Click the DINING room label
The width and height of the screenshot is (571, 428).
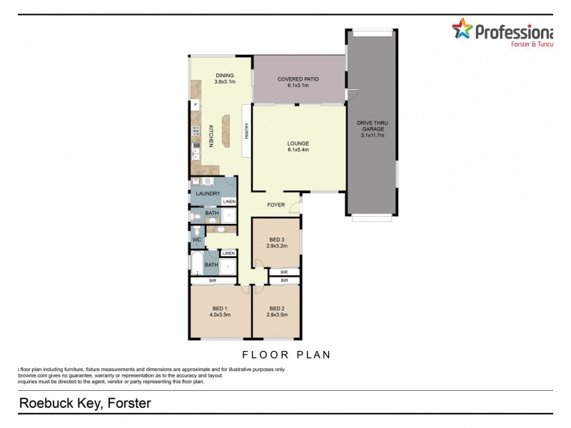(x=224, y=75)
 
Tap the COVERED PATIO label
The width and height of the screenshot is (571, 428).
(x=298, y=79)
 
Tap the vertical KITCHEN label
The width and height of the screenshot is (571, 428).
(x=211, y=136)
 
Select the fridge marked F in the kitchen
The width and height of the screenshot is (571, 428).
(x=196, y=105)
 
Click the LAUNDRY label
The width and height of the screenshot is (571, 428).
(x=208, y=193)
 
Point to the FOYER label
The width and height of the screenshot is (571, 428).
(x=276, y=205)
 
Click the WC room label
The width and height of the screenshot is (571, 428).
(x=196, y=240)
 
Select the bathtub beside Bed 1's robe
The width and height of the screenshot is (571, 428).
(x=196, y=265)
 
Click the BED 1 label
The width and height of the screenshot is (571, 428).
(x=219, y=307)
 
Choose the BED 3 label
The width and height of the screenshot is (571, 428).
(x=277, y=239)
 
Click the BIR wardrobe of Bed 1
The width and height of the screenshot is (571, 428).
(x=213, y=281)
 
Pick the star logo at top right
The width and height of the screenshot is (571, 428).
(x=463, y=29)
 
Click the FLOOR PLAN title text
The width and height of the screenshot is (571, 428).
(x=286, y=354)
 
